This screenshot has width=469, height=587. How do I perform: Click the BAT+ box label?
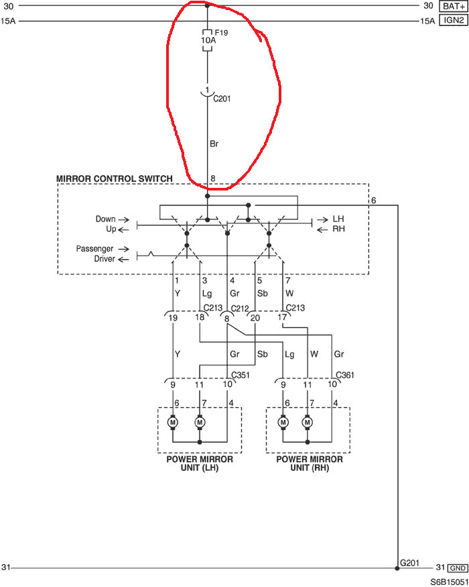(x=454, y=6)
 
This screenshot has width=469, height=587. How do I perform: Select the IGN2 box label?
(x=454, y=20)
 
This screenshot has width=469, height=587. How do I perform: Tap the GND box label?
(x=458, y=568)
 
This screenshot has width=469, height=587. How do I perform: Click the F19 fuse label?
(x=221, y=33)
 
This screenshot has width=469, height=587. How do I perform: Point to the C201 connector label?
(x=222, y=99)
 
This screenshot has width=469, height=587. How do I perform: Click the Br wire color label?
(x=214, y=144)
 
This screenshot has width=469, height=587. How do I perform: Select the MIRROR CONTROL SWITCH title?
(x=115, y=178)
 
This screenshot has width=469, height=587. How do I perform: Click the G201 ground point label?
(x=409, y=563)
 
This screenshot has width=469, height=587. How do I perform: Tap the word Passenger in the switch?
(x=94, y=249)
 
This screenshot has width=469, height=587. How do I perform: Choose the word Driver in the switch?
(x=105, y=259)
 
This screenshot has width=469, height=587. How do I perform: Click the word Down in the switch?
(x=105, y=219)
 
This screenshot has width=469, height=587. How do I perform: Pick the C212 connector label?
(x=240, y=309)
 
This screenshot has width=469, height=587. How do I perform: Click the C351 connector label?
(x=241, y=375)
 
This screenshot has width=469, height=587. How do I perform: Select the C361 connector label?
(x=345, y=375)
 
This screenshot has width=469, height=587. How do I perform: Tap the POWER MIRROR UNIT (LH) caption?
(x=200, y=464)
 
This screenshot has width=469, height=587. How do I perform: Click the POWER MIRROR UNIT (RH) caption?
(x=310, y=464)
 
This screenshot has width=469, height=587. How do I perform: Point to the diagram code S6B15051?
(x=449, y=582)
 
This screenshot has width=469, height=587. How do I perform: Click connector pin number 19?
(x=173, y=318)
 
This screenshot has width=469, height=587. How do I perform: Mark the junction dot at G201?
(x=397, y=568)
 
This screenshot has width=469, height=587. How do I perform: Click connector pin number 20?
(x=255, y=318)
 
